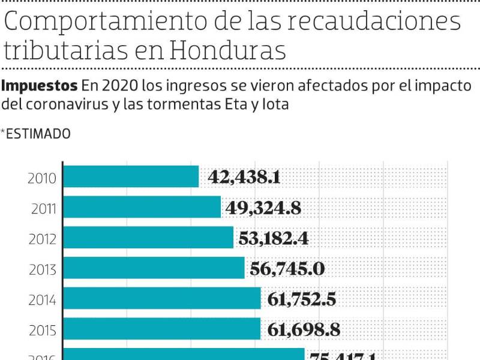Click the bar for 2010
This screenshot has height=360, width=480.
pos(131,176)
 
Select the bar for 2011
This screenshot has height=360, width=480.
pos(142,207)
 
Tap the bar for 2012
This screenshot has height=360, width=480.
pos(148,238)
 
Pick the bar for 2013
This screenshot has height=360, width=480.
pos(154,268)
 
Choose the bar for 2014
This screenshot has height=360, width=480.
pos(162,298)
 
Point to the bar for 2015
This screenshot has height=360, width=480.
pos(162,329)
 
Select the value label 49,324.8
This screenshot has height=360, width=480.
pos(263,208)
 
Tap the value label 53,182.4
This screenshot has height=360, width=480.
pos(274,238)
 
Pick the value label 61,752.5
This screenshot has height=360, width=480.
pos(302,299)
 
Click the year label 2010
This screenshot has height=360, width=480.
pos(42,178)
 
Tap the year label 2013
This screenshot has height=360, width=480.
pos(43,269)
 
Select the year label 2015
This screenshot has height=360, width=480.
pos(43,331)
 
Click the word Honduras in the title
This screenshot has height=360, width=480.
pos(227,50)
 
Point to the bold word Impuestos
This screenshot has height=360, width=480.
pos(40,85)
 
